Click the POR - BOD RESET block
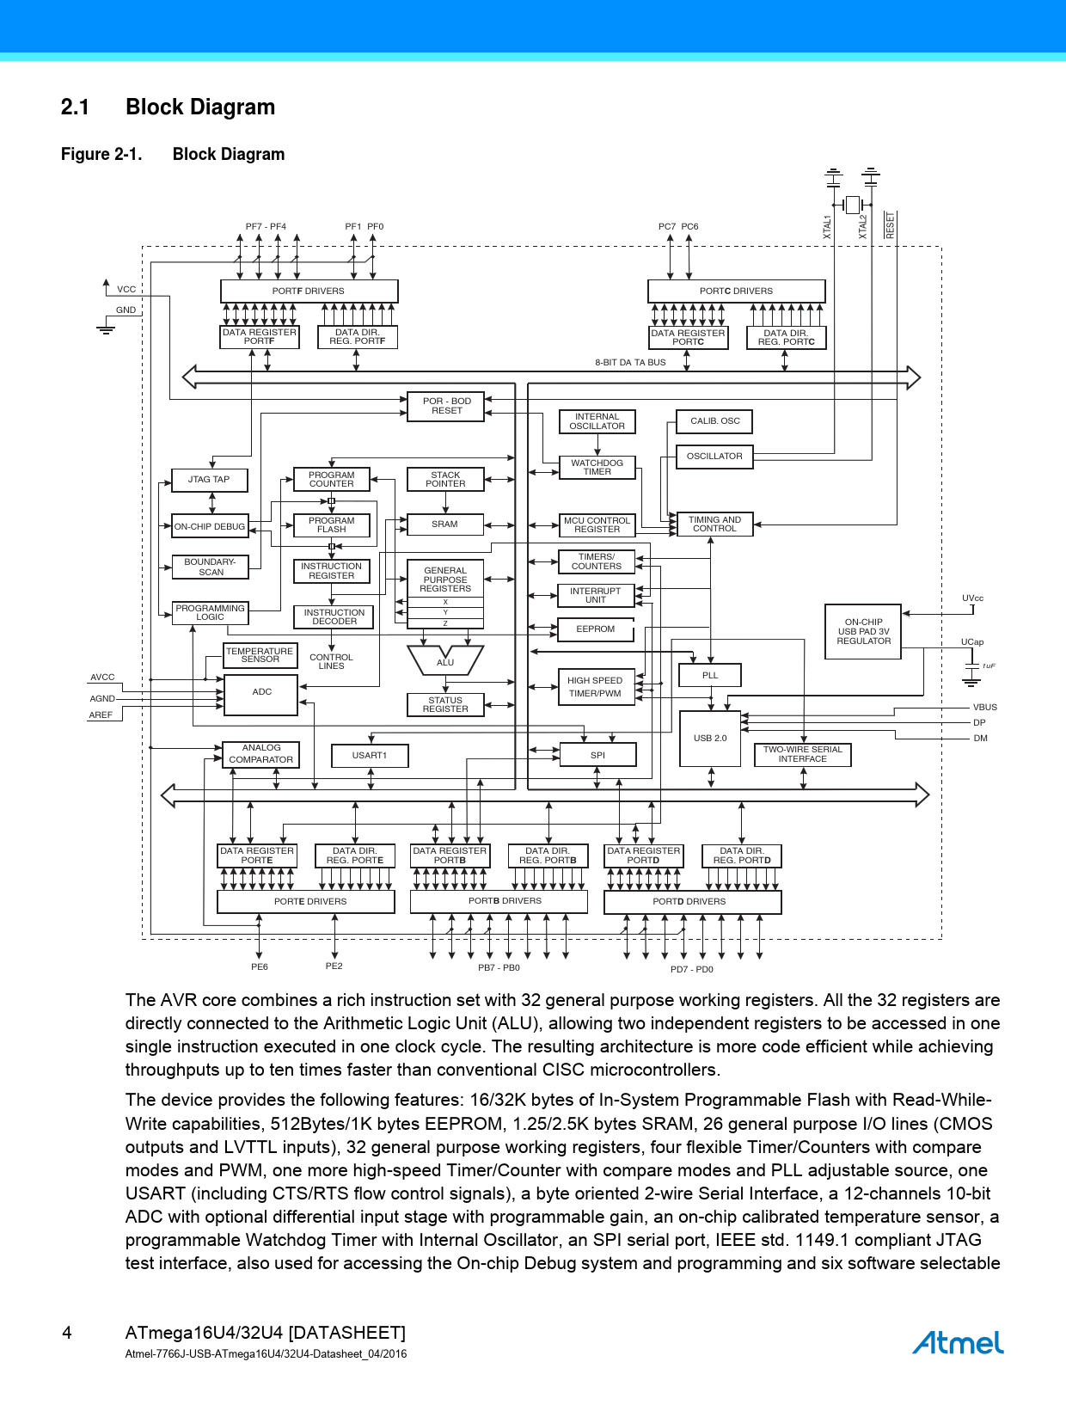446,406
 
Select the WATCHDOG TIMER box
597,467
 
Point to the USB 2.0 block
710,738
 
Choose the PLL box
710,675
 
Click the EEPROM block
596,629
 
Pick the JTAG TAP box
209,480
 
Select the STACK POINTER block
445,479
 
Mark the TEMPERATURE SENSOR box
260,655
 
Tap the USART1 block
370,756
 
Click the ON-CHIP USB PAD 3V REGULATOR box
863,631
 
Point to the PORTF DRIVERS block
309,291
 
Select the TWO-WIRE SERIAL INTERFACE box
802,754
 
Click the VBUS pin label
985,708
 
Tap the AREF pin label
101,715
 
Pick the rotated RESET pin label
891,225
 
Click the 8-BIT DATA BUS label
630,363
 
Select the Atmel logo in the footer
958,1342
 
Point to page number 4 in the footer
67,1333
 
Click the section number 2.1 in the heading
75,107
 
